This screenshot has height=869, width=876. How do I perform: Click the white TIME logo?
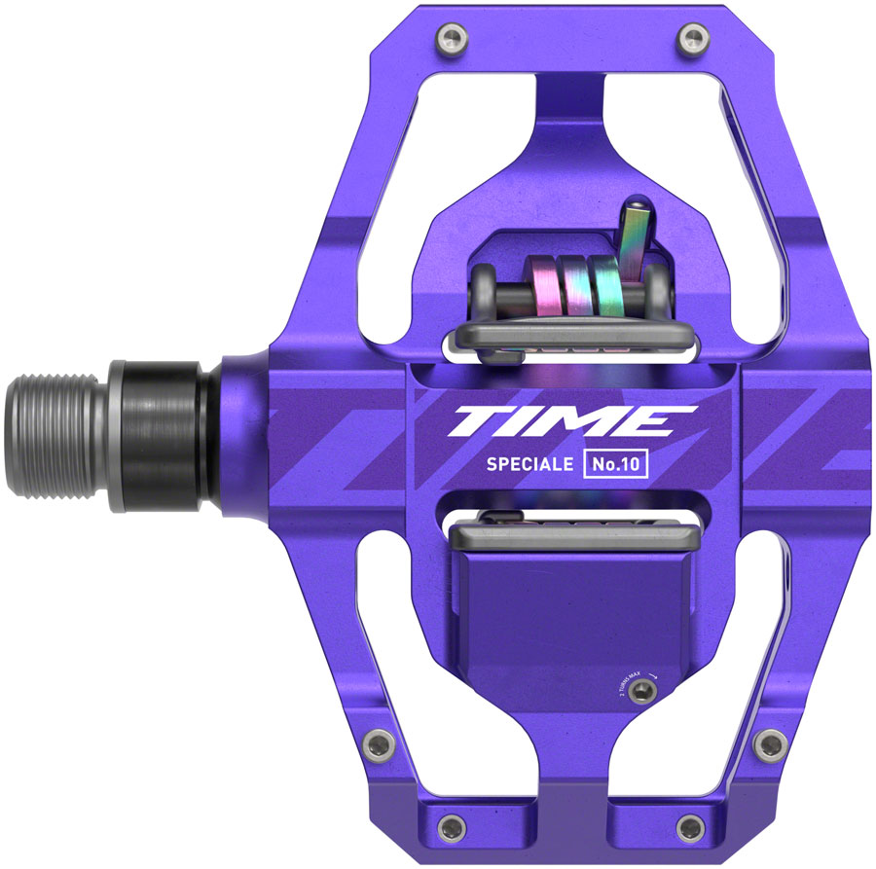point(561,421)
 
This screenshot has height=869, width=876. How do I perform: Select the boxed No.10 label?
point(615,464)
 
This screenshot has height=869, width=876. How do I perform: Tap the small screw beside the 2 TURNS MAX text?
point(639,690)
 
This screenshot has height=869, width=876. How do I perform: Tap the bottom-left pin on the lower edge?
point(449,829)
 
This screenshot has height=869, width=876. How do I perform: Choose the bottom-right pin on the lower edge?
point(692,829)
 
